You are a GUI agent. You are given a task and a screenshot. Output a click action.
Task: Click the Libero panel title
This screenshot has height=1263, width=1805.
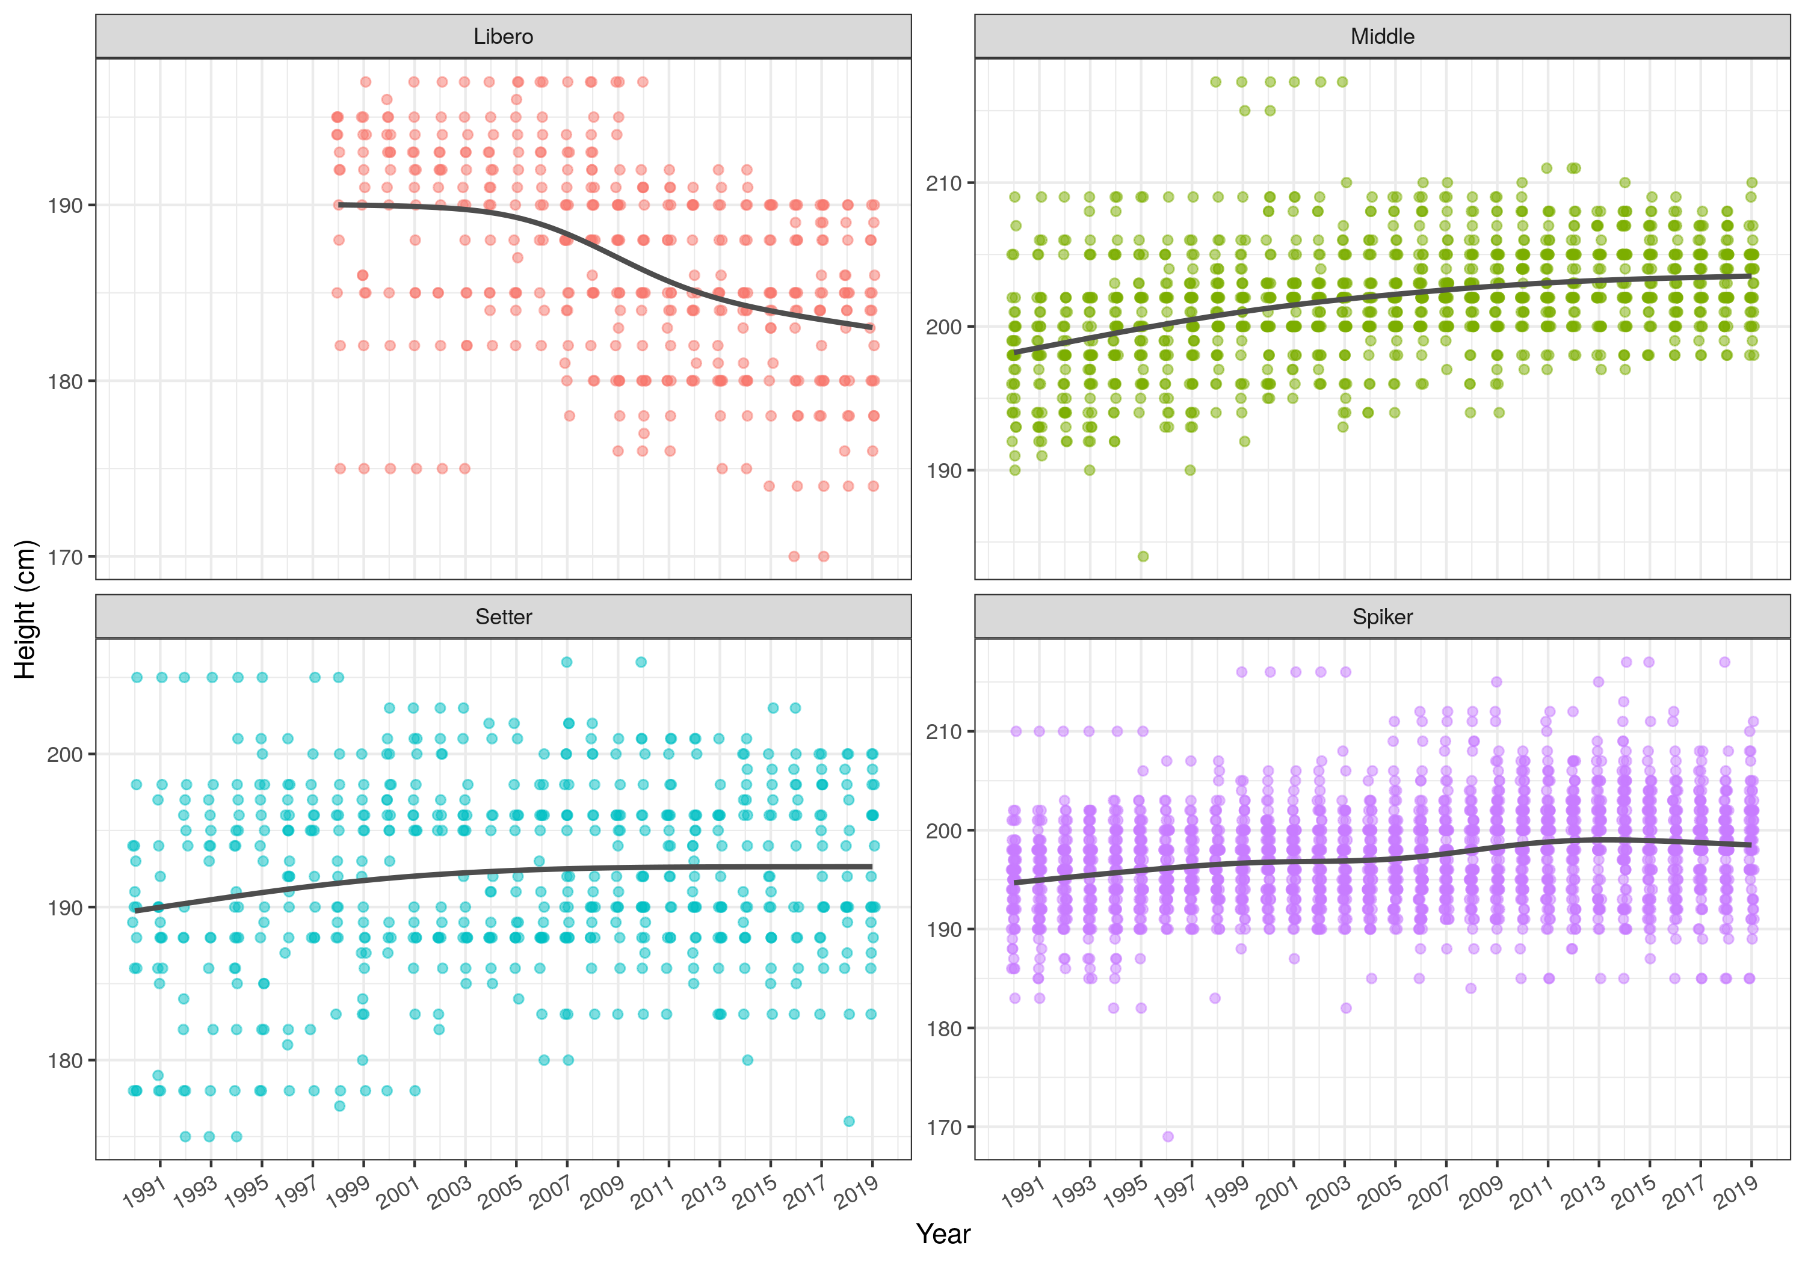tap(503, 36)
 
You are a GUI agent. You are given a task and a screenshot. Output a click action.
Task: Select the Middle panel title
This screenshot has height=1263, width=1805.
tap(1382, 36)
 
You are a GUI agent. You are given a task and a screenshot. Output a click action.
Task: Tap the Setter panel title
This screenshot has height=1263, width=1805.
tap(503, 617)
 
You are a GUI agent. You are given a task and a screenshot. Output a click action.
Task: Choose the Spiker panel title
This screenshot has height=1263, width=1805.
tap(1382, 617)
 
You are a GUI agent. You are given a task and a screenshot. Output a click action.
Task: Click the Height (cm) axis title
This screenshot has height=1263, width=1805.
tap(25, 609)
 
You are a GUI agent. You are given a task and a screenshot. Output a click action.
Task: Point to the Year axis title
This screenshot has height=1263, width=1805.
tap(943, 1234)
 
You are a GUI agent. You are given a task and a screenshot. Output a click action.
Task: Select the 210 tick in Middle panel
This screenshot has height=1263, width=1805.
tap(943, 183)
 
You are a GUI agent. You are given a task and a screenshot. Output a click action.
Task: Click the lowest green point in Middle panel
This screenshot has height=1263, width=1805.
tap(1143, 556)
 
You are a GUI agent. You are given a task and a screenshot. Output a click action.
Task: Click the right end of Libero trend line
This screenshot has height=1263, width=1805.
tap(872, 327)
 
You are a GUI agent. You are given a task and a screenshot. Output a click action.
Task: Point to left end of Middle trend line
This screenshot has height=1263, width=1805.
tap(1015, 352)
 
